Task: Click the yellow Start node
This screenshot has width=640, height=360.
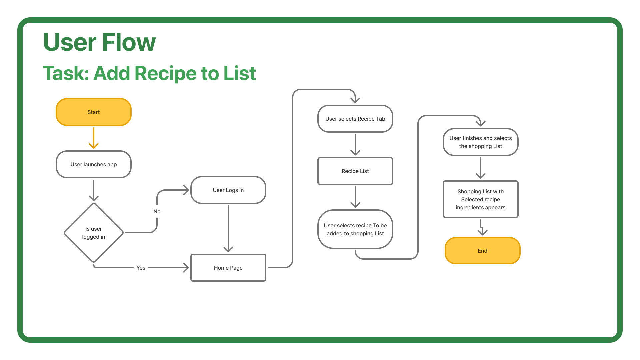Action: (x=94, y=112)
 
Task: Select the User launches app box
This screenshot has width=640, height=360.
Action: (x=94, y=164)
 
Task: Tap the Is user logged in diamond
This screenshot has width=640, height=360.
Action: (x=94, y=233)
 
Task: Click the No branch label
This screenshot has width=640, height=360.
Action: (x=157, y=211)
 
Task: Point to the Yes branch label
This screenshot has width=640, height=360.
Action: (x=141, y=268)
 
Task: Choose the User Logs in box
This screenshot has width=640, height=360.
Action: (x=228, y=190)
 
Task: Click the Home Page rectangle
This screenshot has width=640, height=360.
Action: (x=228, y=268)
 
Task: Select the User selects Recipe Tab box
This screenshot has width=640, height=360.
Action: (x=355, y=119)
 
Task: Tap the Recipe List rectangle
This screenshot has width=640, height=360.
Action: (x=355, y=171)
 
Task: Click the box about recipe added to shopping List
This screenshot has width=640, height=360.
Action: (x=355, y=229)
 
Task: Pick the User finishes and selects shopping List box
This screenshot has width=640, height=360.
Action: (x=481, y=142)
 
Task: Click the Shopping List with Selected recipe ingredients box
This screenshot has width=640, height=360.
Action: (x=481, y=199)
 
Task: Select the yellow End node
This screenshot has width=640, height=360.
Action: (x=483, y=251)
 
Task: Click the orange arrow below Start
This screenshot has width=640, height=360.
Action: (x=94, y=138)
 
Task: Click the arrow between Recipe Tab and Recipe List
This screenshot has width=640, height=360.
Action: (x=355, y=145)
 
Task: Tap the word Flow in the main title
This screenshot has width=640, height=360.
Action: (x=129, y=42)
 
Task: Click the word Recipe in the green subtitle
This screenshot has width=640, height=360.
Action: (x=165, y=73)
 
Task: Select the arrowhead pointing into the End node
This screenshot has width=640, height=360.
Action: (x=483, y=232)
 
